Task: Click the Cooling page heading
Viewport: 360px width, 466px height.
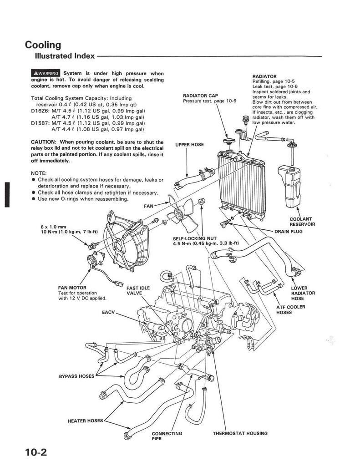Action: pos(43,45)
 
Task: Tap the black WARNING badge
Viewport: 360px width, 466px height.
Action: pos(46,73)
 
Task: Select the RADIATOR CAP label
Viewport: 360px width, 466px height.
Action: pos(200,96)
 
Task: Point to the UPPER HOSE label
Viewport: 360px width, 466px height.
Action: pos(189,145)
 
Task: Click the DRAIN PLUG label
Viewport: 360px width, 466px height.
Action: pos(289,232)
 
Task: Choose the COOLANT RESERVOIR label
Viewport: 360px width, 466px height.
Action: pos(302,222)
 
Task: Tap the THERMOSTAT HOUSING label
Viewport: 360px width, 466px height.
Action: pos(240,433)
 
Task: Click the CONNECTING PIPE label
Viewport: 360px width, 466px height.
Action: pos(167,436)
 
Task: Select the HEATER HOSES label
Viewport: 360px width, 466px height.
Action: pos(85,421)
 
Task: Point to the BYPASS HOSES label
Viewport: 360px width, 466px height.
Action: pos(77,376)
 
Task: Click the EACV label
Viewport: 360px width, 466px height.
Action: pos(108,312)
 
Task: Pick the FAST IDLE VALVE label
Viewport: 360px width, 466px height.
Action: pos(138,291)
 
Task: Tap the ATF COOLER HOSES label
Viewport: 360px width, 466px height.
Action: pos(290,309)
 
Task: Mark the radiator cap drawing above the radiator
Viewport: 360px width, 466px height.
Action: pos(228,141)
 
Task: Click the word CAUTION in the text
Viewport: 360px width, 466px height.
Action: pos(43,142)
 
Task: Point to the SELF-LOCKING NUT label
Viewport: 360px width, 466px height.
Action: pos(195,238)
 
